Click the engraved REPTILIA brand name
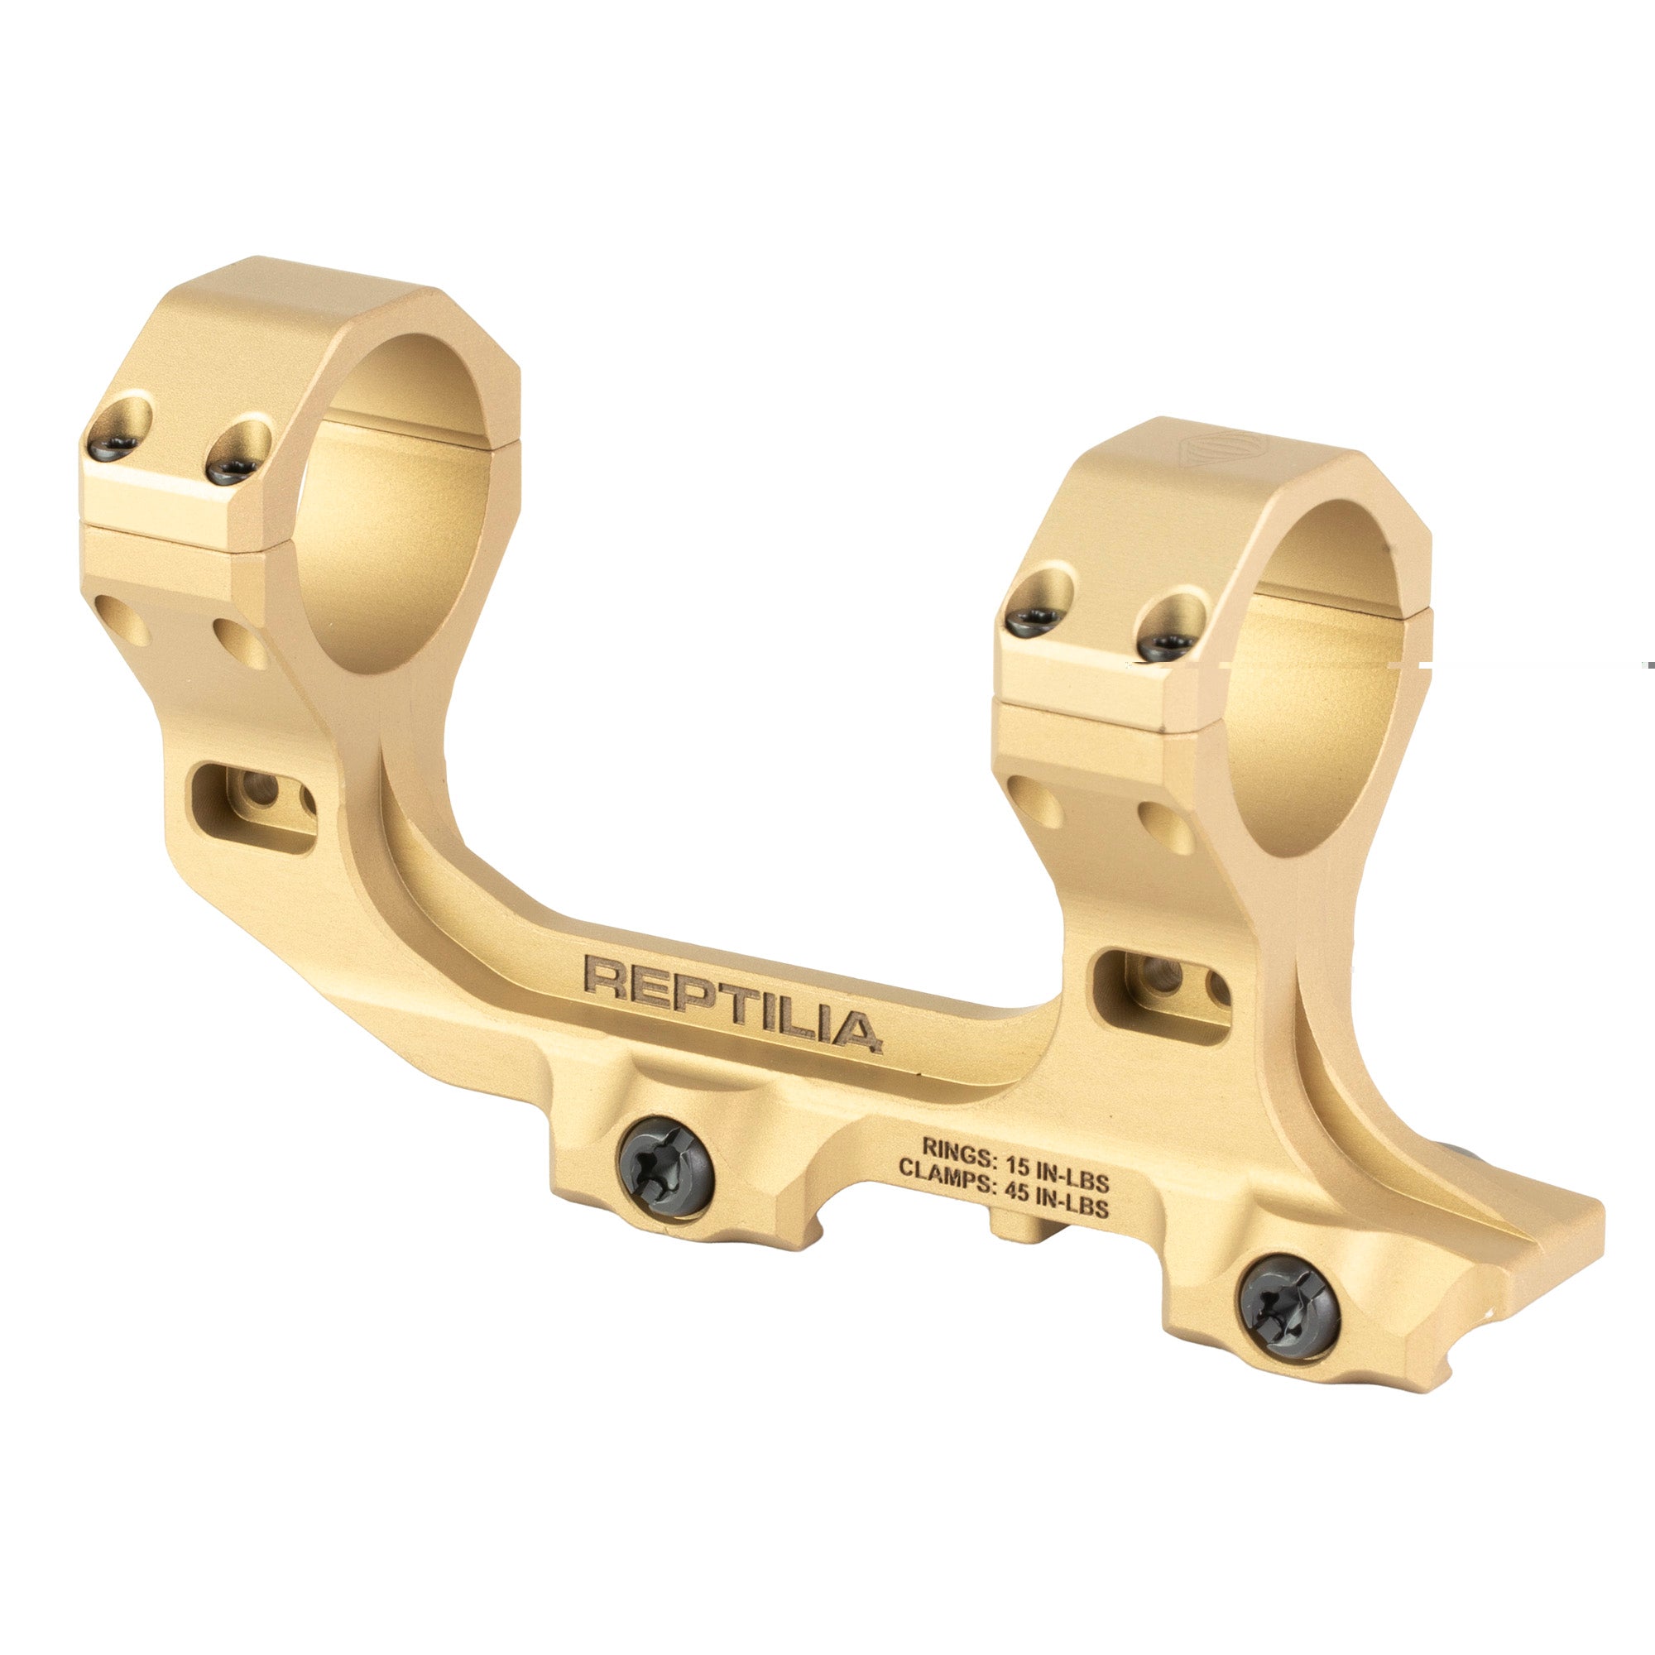click(732, 1003)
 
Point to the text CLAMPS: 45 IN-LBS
click(1003, 1187)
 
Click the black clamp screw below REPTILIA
click(665, 1166)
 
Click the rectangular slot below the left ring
click(253, 808)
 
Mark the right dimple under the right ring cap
click(1165, 827)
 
